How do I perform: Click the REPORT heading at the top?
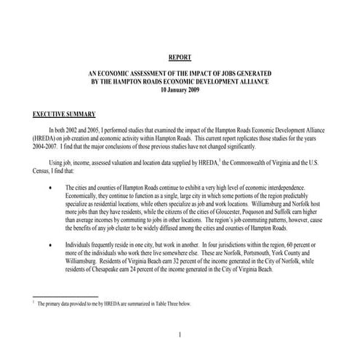click(x=180, y=57)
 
